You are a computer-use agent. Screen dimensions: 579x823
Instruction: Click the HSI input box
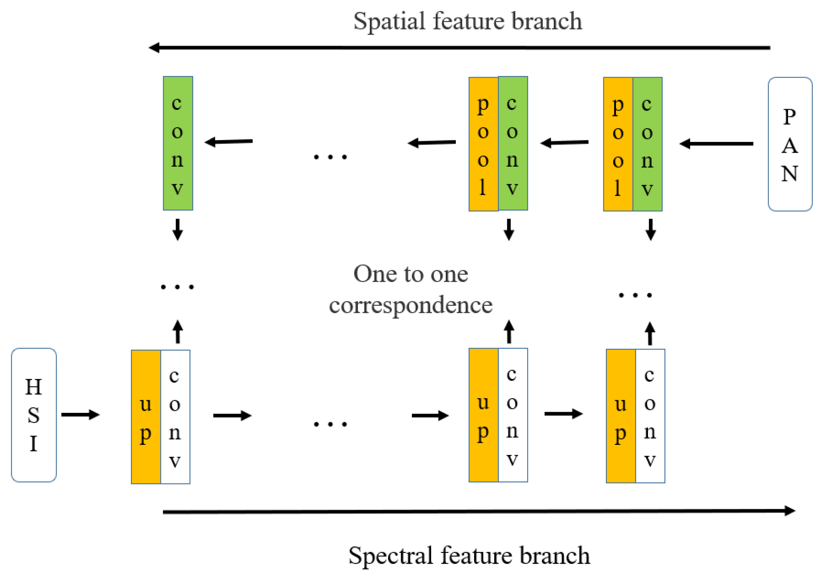click(x=34, y=415)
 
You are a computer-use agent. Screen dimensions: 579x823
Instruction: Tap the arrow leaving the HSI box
click(x=80, y=414)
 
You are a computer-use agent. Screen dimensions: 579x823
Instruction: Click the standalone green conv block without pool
click(x=178, y=143)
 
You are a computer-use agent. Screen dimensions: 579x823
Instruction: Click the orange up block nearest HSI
click(x=146, y=417)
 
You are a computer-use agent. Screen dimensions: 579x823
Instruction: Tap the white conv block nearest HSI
click(x=175, y=417)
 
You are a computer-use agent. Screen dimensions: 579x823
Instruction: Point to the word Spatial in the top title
click(x=389, y=22)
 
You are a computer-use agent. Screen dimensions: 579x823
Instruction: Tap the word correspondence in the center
click(x=410, y=305)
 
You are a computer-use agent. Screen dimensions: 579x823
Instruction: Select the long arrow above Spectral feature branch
click(x=479, y=511)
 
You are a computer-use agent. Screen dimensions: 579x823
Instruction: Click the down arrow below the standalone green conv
click(x=178, y=229)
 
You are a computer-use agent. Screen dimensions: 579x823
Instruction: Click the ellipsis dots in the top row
click(x=330, y=157)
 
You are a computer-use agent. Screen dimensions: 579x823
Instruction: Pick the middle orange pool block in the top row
click(x=483, y=144)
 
